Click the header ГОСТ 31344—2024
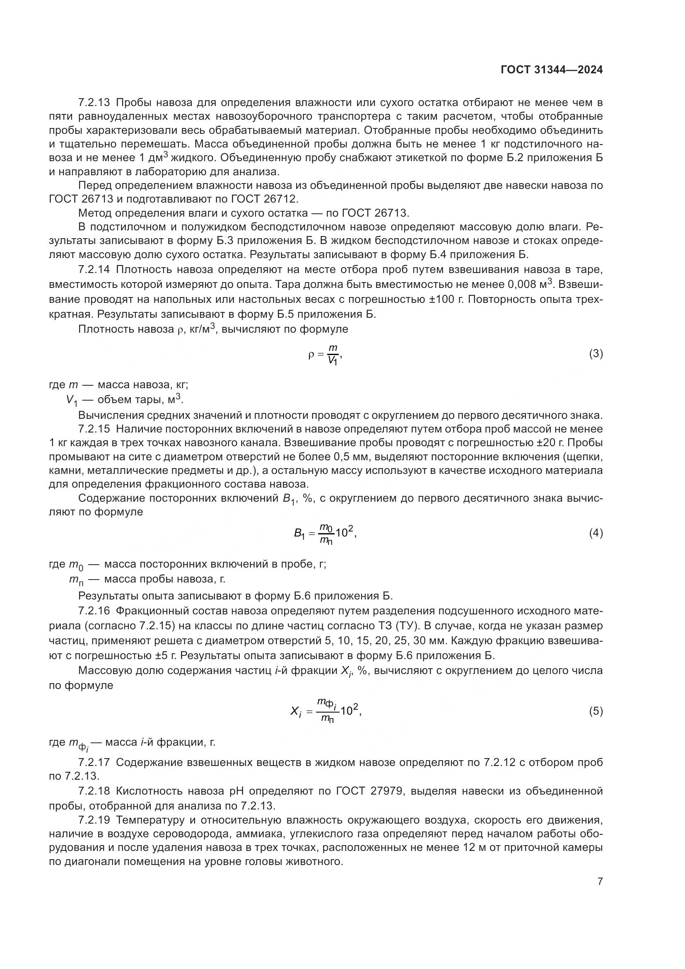(551, 70)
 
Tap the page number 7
(599, 881)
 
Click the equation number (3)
(596, 354)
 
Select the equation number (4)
(596, 534)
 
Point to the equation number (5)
(596, 712)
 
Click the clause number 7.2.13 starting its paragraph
(94, 103)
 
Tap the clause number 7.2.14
(94, 269)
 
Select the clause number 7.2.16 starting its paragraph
(94, 611)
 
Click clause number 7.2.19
(94, 820)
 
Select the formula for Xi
(326, 712)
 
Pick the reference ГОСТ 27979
(371, 791)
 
